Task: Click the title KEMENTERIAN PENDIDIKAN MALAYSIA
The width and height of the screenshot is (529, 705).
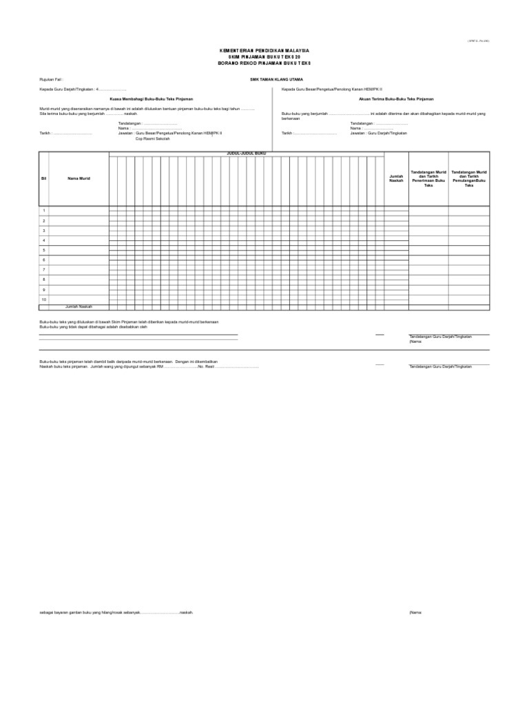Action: [x=264, y=51]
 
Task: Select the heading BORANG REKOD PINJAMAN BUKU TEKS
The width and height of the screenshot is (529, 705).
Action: [x=264, y=62]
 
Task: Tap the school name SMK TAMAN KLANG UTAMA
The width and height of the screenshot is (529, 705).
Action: [x=277, y=79]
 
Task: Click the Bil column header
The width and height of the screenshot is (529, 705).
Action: [x=44, y=178]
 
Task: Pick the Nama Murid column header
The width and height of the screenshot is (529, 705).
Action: [x=79, y=178]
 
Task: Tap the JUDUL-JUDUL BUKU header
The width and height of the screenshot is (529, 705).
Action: [x=246, y=154]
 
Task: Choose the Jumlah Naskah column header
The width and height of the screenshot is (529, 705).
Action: [x=395, y=178]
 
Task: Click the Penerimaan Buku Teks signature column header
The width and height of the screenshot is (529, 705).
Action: [x=428, y=178]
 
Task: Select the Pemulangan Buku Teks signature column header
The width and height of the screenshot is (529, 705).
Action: [x=469, y=178]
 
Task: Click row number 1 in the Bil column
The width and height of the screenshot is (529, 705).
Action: [x=44, y=211]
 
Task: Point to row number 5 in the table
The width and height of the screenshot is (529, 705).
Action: [x=44, y=250]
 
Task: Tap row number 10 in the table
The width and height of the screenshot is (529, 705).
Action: [x=44, y=299]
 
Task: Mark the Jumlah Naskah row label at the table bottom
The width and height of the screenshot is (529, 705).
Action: [x=79, y=306]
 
